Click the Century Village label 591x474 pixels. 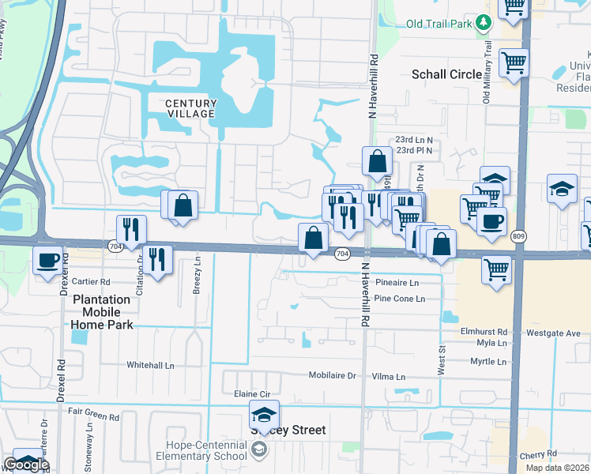(x=190, y=108)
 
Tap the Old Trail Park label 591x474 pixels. (x=439, y=24)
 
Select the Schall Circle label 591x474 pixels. (x=446, y=74)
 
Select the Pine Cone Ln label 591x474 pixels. (x=399, y=299)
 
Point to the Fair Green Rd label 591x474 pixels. (x=92, y=412)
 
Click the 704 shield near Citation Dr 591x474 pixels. (x=115, y=247)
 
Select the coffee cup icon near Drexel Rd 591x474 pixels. (x=48, y=259)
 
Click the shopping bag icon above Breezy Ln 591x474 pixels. (x=183, y=206)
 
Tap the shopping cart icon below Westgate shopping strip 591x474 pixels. (x=497, y=269)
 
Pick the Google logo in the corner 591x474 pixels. (x=26, y=465)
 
